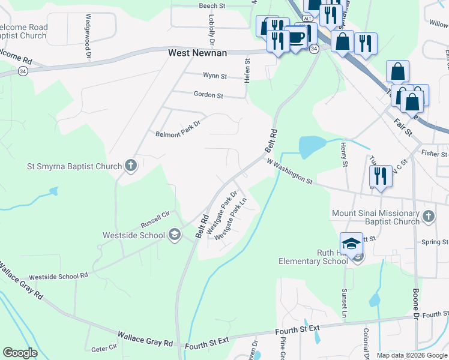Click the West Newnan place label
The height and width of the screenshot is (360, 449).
click(x=197, y=53)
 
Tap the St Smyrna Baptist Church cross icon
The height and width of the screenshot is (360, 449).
click(x=131, y=166)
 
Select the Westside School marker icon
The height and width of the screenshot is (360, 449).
click(x=174, y=235)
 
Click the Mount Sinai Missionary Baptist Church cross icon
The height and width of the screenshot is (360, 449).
click(x=428, y=216)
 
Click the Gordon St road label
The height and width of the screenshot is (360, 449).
click(x=208, y=95)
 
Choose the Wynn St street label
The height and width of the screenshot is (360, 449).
click(x=215, y=76)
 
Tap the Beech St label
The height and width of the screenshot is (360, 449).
click(x=211, y=5)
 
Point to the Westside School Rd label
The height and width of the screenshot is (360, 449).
click(x=58, y=277)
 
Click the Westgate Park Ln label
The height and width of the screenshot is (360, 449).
click(x=231, y=218)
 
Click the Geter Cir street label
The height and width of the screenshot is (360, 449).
click(x=104, y=348)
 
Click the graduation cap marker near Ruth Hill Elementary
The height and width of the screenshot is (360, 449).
click(x=351, y=244)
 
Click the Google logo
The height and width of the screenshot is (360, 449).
click(x=20, y=353)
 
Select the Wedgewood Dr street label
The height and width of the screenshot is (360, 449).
click(x=88, y=36)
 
